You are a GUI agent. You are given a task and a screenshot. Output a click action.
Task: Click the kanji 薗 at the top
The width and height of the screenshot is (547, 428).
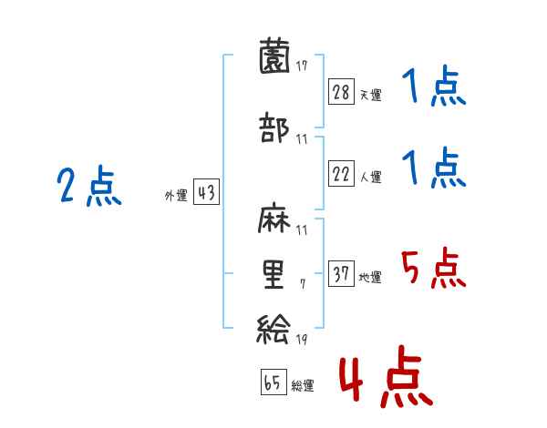[274, 57]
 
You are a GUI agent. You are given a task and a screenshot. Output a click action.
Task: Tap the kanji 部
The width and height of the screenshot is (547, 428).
[274, 128]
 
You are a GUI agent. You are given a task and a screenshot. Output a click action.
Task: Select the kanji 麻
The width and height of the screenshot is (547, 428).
[274, 222]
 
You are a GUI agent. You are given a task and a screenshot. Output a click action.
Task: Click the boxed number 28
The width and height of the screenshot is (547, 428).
[342, 91]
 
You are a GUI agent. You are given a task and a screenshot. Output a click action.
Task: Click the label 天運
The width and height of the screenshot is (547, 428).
[370, 94]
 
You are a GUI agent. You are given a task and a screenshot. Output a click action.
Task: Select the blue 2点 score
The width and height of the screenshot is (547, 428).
[88, 188]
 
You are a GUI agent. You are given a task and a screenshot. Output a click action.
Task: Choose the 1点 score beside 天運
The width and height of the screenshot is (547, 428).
[433, 88]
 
